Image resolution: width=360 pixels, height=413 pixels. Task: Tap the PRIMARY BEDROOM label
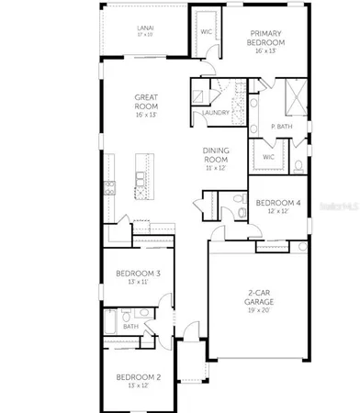coord(272,38)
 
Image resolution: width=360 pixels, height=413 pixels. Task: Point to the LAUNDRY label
coord(217,113)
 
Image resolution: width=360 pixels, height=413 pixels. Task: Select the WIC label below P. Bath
coord(268,156)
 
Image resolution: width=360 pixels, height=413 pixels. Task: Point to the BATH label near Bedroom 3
coord(131,326)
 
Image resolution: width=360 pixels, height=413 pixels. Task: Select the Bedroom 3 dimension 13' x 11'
coord(138,284)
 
